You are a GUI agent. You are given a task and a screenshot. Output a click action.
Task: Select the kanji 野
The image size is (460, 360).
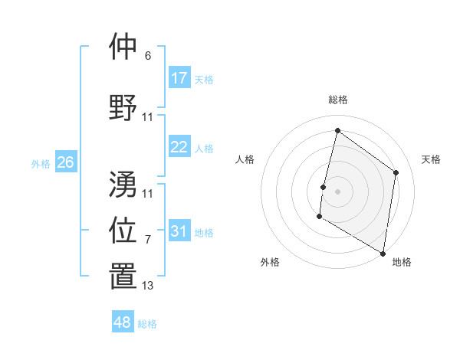[x=123, y=107]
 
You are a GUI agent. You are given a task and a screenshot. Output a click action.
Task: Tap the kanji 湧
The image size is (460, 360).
[x=123, y=184]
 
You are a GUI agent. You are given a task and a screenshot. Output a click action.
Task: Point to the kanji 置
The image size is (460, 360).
[x=123, y=277]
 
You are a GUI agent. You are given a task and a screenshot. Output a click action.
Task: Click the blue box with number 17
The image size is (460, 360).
[x=179, y=78]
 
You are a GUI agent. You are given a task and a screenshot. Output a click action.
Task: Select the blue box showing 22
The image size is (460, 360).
[x=179, y=147]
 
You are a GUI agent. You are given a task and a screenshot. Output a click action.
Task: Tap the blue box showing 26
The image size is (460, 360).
[x=65, y=162]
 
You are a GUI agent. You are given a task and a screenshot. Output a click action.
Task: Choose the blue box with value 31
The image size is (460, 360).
[x=179, y=231]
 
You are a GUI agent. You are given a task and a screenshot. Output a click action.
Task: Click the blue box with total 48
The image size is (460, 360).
[x=123, y=322]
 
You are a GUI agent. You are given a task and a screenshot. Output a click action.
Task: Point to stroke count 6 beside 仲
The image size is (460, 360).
[x=147, y=56]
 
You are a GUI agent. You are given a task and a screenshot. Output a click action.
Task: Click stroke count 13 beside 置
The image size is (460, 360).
[x=147, y=286]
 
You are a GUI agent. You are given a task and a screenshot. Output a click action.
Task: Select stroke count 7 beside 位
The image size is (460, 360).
[x=147, y=240]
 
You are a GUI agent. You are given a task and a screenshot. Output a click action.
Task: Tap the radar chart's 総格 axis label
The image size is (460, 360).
[x=337, y=100]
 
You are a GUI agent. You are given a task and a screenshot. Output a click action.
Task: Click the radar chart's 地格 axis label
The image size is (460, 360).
[x=402, y=262]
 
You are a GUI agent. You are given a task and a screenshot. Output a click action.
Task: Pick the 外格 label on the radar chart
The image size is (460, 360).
[x=270, y=262]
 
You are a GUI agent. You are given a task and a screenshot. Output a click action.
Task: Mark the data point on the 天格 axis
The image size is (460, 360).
[x=396, y=172]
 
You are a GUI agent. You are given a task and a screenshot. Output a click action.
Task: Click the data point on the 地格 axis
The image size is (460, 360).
[x=383, y=253]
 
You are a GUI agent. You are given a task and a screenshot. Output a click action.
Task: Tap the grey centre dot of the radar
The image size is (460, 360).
[x=337, y=191]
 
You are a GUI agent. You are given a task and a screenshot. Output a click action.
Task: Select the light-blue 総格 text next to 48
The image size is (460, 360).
[x=147, y=324]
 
